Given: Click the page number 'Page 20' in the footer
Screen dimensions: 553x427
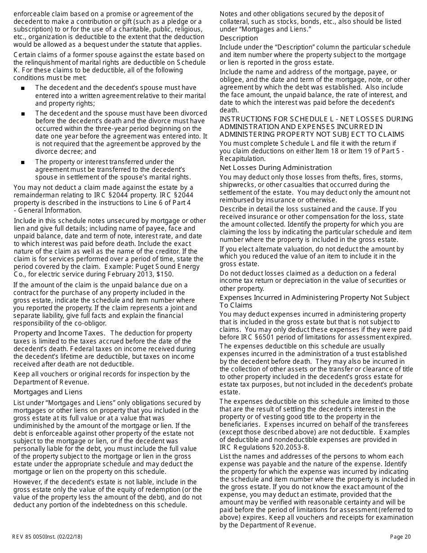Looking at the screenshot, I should pos(400,536).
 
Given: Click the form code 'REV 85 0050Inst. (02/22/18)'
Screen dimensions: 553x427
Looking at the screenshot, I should pos(47,536).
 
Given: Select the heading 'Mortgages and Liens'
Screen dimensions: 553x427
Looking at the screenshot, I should pos(48,392).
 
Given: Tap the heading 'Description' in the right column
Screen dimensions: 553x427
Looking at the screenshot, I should pos(239,38).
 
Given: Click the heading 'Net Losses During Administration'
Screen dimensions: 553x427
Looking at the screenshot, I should pos(276,168).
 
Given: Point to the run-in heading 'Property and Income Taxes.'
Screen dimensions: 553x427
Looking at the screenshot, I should pos(59,333).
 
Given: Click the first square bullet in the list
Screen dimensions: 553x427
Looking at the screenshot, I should pos(22,88).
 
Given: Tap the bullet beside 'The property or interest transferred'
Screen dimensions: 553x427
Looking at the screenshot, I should pos(22,162).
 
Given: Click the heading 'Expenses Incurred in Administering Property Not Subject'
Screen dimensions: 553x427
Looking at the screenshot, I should pos(314,298).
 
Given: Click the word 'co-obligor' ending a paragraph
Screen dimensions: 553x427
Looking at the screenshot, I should pos(91,323).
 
